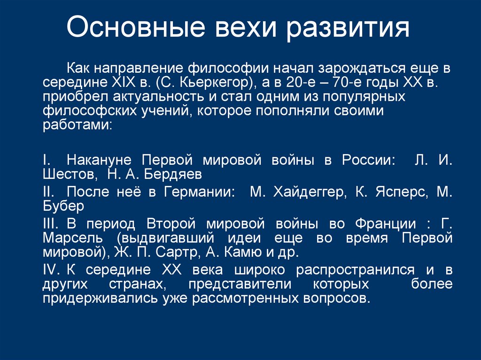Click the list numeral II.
[49, 192]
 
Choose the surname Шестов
[68, 175]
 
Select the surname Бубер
[63, 206]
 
